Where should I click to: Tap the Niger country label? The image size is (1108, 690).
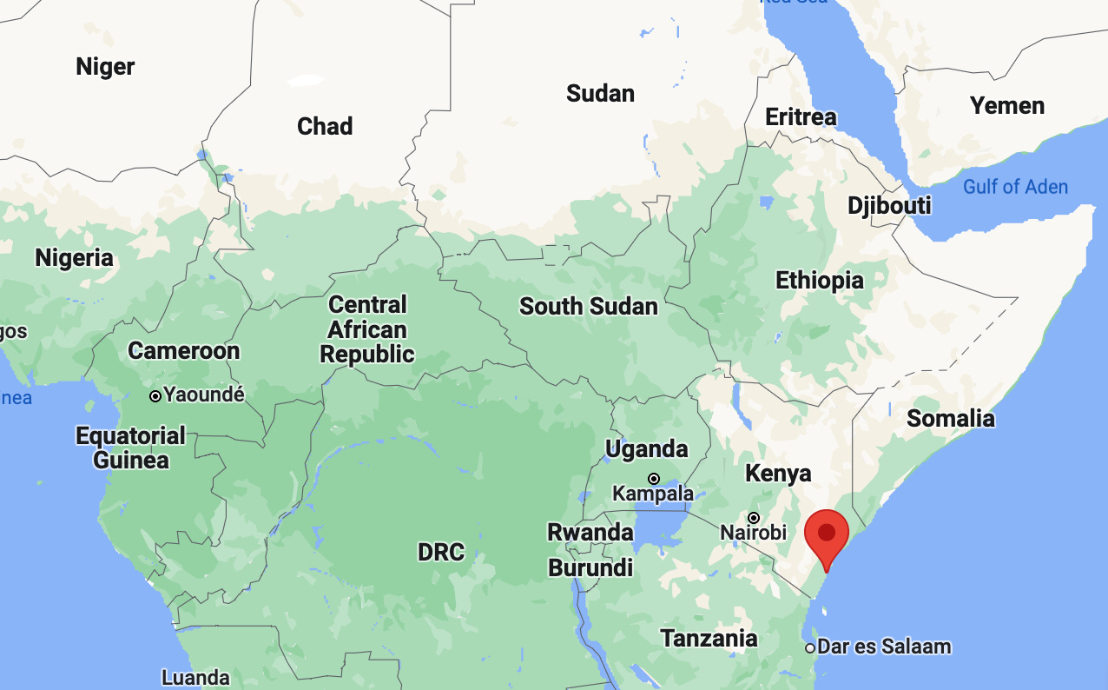[x=105, y=66]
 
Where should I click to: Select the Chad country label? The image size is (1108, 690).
[x=325, y=126]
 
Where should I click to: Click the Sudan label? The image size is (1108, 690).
[x=600, y=93]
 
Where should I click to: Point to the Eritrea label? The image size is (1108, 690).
[x=801, y=116]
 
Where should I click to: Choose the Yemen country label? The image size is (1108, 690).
[x=1007, y=106]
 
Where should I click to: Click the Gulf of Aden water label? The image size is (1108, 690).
[x=1015, y=186]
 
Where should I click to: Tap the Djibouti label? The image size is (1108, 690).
[x=889, y=206]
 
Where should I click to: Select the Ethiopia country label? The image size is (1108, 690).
[x=819, y=281]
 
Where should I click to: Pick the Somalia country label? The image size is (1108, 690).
[x=950, y=418]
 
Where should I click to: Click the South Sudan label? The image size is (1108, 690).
[x=588, y=306]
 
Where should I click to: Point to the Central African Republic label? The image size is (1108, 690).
[x=367, y=329]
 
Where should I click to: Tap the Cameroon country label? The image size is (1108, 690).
[x=183, y=351]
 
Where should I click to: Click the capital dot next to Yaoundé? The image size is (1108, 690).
[x=155, y=396]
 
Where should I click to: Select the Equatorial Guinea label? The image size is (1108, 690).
[x=131, y=448]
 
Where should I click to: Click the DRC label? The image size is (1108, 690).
[x=440, y=552]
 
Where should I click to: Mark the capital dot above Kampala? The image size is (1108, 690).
[x=653, y=478]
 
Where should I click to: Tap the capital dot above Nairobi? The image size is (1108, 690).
[x=754, y=517]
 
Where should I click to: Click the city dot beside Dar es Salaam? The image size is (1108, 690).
[x=810, y=647]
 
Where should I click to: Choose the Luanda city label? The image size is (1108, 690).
[x=195, y=677]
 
